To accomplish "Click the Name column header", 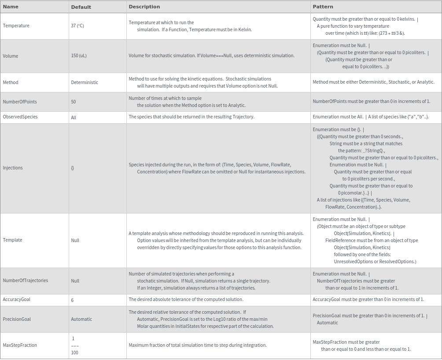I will pyautogui.click(x=11, y=7).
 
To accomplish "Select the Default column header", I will pyautogui.click(x=81, y=7).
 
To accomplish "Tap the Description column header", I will pyautogui.click(x=144, y=7).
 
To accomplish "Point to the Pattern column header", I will pyautogui.click(x=323, y=7).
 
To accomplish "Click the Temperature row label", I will pyautogui.click(x=16, y=26).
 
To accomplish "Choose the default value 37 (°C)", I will pyautogui.click(x=77, y=26).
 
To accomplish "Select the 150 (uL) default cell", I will pyautogui.click(x=79, y=56).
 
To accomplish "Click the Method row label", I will pyautogui.click(x=11, y=82).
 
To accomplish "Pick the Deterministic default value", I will pyautogui.click(x=85, y=82).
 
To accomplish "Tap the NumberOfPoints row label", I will pyautogui.click(x=20, y=102).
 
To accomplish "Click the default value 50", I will pyautogui.click(x=74, y=102).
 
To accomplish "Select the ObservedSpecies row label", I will pyautogui.click(x=20, y=117).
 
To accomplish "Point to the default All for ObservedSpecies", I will pyautogui.click(x=74, y=118).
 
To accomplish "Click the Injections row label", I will pyautogui.click(x=13, y=168).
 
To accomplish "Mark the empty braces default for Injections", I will pyautogui.click(x=73, y=168).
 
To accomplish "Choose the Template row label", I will pyautogui.click(x=12, y=240).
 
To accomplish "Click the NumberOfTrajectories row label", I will pyautogui.click(x=26, y=280).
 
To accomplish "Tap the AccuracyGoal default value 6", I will pyautogui.click(x=72, y=300).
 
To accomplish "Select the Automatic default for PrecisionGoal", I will pyautogui.click(x=81, y=319).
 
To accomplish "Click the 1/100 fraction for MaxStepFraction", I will pyautogui.click(x=74, y=345).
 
